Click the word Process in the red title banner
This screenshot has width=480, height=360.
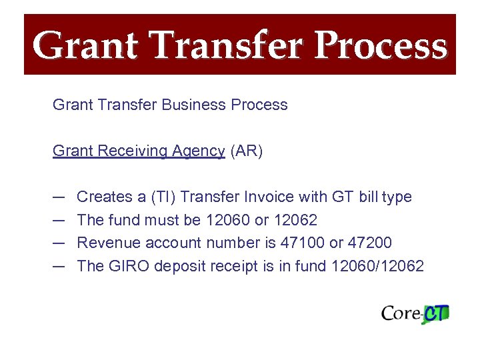point(381,46)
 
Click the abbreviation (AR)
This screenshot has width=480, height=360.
point(247,151)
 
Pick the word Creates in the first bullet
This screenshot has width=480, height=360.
point(104,197)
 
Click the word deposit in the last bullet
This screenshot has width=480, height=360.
point(179,266)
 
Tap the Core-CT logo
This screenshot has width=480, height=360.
point(415,313)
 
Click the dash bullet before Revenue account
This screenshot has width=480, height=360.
point(59,243)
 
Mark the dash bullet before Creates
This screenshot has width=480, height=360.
point(59,197)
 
